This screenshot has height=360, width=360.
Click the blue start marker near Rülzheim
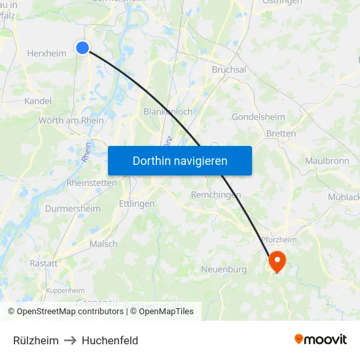[82, 47]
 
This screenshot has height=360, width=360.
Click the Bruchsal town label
[229, 70]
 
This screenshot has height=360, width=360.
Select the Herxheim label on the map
[46, 54]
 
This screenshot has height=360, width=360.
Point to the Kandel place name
[37, 101]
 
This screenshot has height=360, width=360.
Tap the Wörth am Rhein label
[71, 120]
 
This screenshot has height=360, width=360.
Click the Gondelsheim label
[258, 117]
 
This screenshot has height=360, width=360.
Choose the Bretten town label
[281, 134]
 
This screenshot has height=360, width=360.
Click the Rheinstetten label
[92, 183]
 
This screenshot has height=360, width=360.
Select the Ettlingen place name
[137, 204]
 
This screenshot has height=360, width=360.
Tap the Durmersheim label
[73, 209]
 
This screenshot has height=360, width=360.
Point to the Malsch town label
[103, 244]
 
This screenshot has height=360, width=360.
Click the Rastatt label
[43, 263]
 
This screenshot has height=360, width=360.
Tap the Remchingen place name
[216, 195]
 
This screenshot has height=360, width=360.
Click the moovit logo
[321, 340]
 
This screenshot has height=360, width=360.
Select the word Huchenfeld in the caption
[110, 340]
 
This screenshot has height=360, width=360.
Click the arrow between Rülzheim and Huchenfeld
[70, 340]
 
